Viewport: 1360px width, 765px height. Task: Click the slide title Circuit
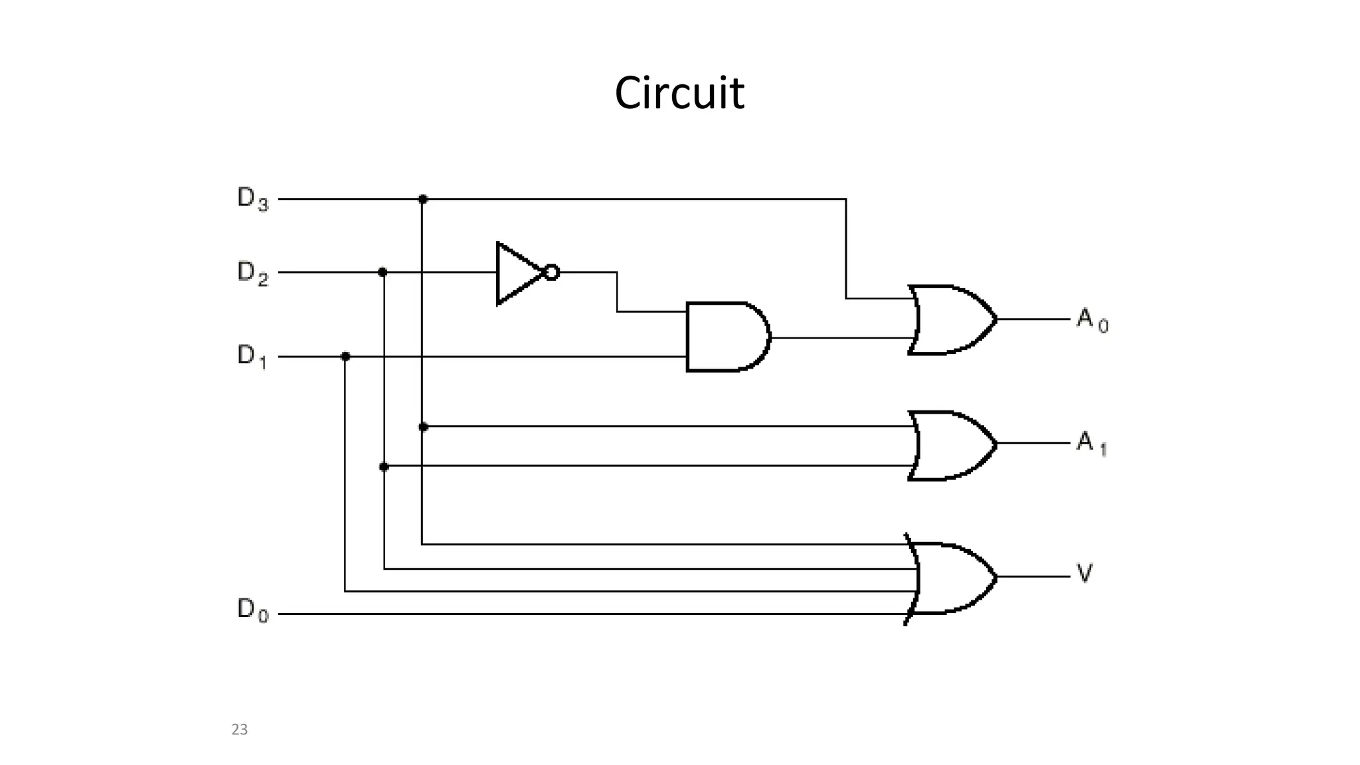(x=679, y=93)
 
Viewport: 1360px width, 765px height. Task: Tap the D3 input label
(x=253, y=199)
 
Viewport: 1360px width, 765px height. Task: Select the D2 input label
(x=253, y=273)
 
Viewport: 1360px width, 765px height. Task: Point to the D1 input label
(x=252, y=357)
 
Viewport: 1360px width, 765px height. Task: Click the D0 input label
(x=253, y=610)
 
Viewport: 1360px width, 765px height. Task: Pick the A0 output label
(x=1092, y=320)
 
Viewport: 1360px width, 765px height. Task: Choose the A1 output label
(x=1091, y=442)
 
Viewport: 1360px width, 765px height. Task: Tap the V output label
(x=1084, y=573)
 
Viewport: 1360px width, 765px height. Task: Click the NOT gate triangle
(x=518, y=273)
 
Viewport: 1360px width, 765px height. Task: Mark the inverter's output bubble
(x=551, y=272)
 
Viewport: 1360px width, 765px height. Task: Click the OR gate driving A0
(x=950, y=320)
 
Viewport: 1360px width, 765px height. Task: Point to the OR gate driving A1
(x=950, y=445)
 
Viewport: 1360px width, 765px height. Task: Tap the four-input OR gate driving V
(x=950, y=578)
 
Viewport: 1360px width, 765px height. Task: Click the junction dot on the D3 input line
(x=422, y=199)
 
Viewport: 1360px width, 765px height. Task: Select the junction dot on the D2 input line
(x=382, y=272)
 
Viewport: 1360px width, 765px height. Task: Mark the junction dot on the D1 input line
(x=345, y=357)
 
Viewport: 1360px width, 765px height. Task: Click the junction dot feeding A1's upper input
(x=423, y=426)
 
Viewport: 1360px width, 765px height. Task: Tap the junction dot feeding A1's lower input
(x=384, y=467)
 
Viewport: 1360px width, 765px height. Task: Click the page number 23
(x=239, y=729)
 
